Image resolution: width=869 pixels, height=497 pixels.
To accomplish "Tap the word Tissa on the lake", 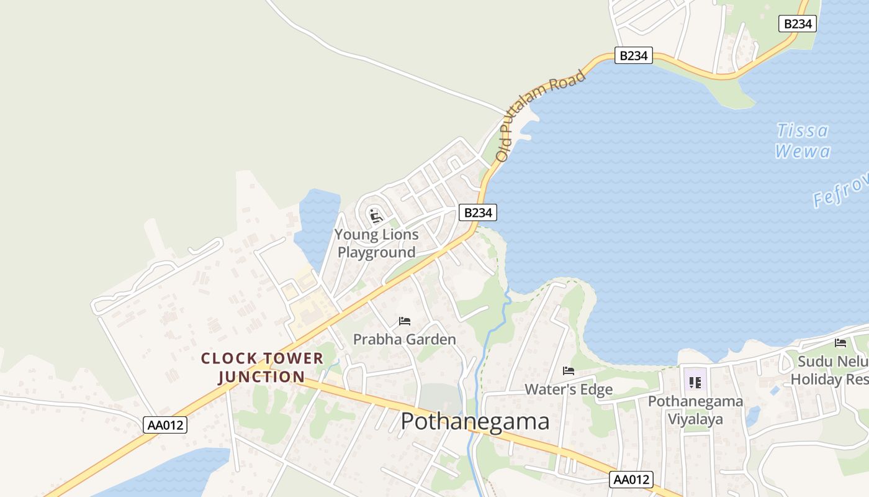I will coord(803,130).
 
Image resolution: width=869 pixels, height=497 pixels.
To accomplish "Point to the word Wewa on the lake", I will coord(803,151).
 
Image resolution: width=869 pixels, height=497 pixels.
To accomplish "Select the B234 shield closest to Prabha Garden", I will coord(478,212).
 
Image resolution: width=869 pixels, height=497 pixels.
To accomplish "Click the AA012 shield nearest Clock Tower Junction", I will coord(165,425).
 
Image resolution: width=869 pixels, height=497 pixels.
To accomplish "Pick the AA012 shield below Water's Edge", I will coord(633,479).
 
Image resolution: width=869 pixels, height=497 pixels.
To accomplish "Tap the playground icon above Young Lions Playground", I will coord(375,216).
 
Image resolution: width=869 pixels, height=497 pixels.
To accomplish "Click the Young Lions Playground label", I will coord(377,244).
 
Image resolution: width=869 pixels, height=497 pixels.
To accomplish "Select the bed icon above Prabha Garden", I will coord(405,321).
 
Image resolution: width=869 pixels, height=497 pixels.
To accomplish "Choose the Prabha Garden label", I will coord(405,339).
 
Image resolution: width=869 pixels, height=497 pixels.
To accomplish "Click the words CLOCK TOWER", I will coord(262,358).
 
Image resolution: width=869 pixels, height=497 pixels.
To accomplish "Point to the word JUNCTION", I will coord(262,377).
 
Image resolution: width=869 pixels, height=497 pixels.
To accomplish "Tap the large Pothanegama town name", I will coord(475,421).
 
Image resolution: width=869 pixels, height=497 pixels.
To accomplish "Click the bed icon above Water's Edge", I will coord(569,371).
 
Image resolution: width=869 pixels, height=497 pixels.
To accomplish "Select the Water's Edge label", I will coord(569,390).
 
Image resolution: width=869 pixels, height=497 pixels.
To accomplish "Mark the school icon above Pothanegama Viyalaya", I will coord(695,382).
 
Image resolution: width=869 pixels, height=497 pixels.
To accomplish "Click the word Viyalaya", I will coord(695,419).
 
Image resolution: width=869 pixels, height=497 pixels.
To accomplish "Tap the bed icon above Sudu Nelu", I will coord(840,343).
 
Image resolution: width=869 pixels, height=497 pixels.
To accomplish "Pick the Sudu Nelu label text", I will coord(829,362).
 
